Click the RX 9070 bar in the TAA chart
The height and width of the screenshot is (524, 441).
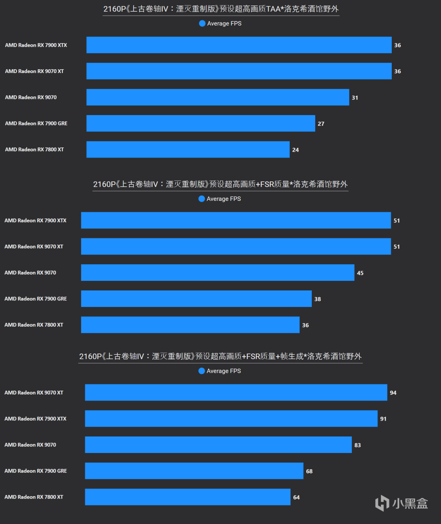pos(217,97)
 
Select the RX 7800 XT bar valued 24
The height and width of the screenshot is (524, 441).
pos(188,150)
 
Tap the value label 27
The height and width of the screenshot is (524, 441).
pos(321,124)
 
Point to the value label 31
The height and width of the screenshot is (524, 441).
pos(355,98)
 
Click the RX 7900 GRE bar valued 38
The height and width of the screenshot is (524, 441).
pos(196,299)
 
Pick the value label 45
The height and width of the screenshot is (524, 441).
pos(360,273)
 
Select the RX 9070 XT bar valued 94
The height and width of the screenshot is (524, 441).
pos(236,392)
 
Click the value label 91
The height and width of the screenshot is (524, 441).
pos(383,419)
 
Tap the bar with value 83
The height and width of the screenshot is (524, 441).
pos(218,445)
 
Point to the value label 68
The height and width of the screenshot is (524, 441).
pos(309,471)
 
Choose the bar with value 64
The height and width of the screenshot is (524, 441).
pos(187,497)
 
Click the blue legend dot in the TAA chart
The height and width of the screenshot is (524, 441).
pos(202,23)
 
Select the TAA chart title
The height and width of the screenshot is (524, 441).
pos(221,9)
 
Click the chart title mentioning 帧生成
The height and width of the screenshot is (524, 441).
pos(220,356)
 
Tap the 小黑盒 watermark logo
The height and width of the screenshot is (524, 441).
pos(401,503)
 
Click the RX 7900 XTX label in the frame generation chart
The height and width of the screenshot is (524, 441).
pos(35,419)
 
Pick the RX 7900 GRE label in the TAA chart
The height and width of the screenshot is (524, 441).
pos(36,123)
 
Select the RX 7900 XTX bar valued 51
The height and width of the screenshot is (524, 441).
pos(236,220)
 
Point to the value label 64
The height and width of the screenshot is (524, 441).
pos(296,497)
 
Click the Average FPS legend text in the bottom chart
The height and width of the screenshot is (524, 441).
pos(224,371)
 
